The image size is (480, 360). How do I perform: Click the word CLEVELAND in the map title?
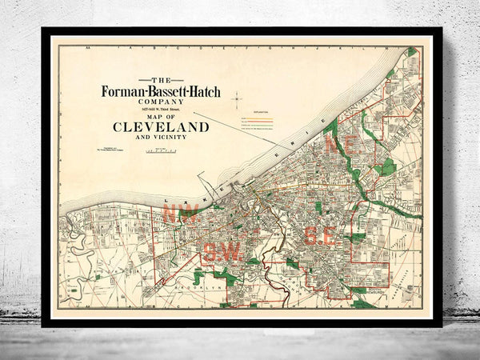(x=160, y=126)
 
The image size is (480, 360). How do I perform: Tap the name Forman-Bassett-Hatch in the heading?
(x=159, y=90)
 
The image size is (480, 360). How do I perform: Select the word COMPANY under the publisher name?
(x=160, y=102)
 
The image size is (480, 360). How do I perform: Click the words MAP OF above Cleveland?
(x=160, y=115)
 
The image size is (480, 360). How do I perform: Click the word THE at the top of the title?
(x=160, y=80)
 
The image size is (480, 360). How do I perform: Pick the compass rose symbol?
(x=237, y=99)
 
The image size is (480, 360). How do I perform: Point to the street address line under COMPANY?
(x=160, y=109)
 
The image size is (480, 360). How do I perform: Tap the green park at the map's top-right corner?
(x=411, y=52)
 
